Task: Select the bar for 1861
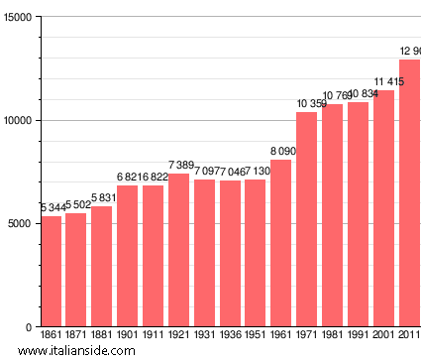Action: click(51, 271)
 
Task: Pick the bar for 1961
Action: click(281, 243)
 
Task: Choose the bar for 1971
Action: click(307, 219)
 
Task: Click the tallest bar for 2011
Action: click(409, 193)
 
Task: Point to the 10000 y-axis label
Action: click(19, 121)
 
